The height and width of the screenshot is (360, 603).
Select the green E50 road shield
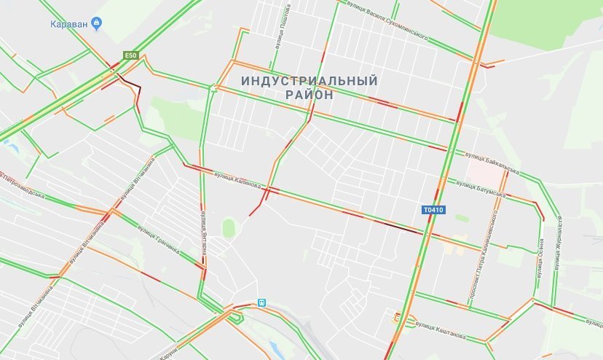coord(130,55)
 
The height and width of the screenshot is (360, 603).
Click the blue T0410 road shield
coord(433,210)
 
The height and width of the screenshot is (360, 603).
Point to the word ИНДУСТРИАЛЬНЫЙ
coord(310,80)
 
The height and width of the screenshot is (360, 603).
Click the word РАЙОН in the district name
coord(310,95)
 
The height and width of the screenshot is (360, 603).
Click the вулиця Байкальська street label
coord(492,163)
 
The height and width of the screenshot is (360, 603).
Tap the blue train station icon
coord(261,302)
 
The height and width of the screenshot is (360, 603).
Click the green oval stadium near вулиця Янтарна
coord(229,227)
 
